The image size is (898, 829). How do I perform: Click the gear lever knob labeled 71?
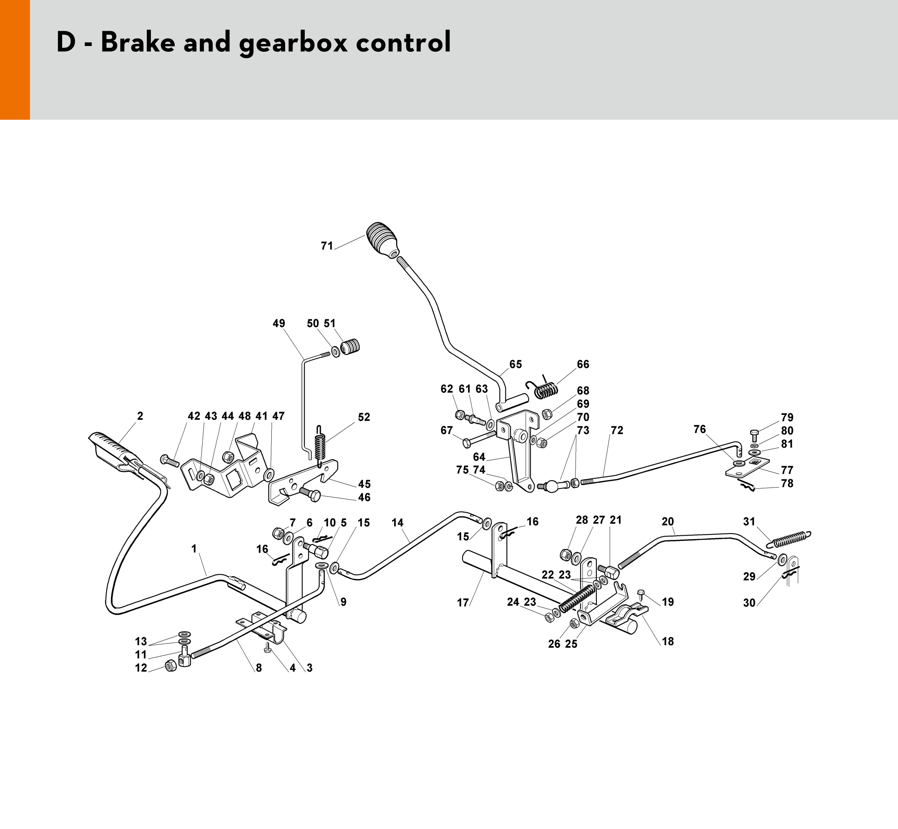pyautogui.click(x=382, y=239)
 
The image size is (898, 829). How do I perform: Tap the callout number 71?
pyautogui.click(x=327, y=246)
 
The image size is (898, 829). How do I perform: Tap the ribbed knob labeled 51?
pyautogui.click(x=350, y=347)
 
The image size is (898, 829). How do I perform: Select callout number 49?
pyautogui.click(x=279, y=323)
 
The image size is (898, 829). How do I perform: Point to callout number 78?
pyautogui.click(x=787, y=484)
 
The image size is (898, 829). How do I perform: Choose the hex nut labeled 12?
pyautogui.click(x=170, y=665)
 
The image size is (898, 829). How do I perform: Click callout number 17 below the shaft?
pyautogui.click(x=462, y=603)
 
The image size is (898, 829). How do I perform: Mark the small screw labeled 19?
pyautogui.click(x=641, y=594)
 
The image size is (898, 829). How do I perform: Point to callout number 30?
pyautogui.click(x=749, y=603)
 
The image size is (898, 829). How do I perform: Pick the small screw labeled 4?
pyautogui.click(x=268, y=647)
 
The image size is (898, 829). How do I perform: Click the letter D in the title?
pyautogui.click(x=66, y=43)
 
